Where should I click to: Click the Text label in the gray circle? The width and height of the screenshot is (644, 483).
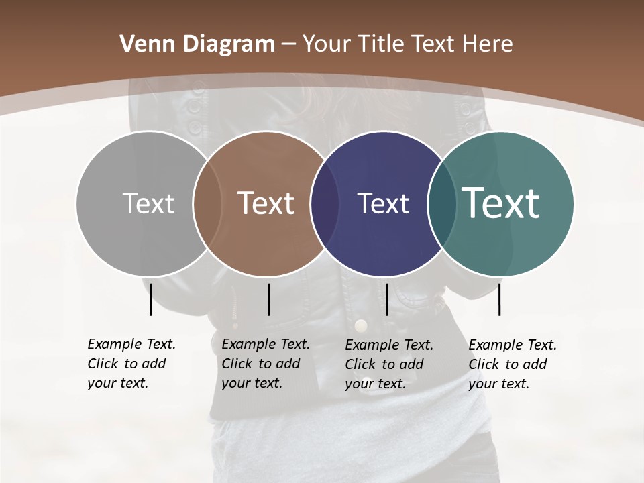148,203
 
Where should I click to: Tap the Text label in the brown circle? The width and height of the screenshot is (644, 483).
266,203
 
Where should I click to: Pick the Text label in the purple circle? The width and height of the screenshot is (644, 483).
383,203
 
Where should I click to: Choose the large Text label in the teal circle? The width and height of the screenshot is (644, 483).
501,203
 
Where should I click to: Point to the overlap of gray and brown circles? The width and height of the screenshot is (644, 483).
207,203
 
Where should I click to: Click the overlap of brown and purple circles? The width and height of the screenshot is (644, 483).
325,203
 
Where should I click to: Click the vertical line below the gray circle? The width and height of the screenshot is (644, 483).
150,299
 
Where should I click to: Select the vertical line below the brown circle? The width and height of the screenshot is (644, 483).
268,299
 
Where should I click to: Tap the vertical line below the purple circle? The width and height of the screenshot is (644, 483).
386,299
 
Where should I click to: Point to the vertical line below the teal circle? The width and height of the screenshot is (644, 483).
499,299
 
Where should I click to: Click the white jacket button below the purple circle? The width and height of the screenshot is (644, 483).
361,326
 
